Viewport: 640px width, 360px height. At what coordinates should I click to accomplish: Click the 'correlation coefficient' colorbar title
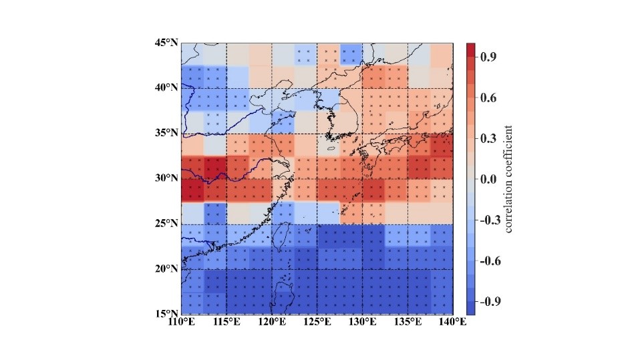(509, 178)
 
